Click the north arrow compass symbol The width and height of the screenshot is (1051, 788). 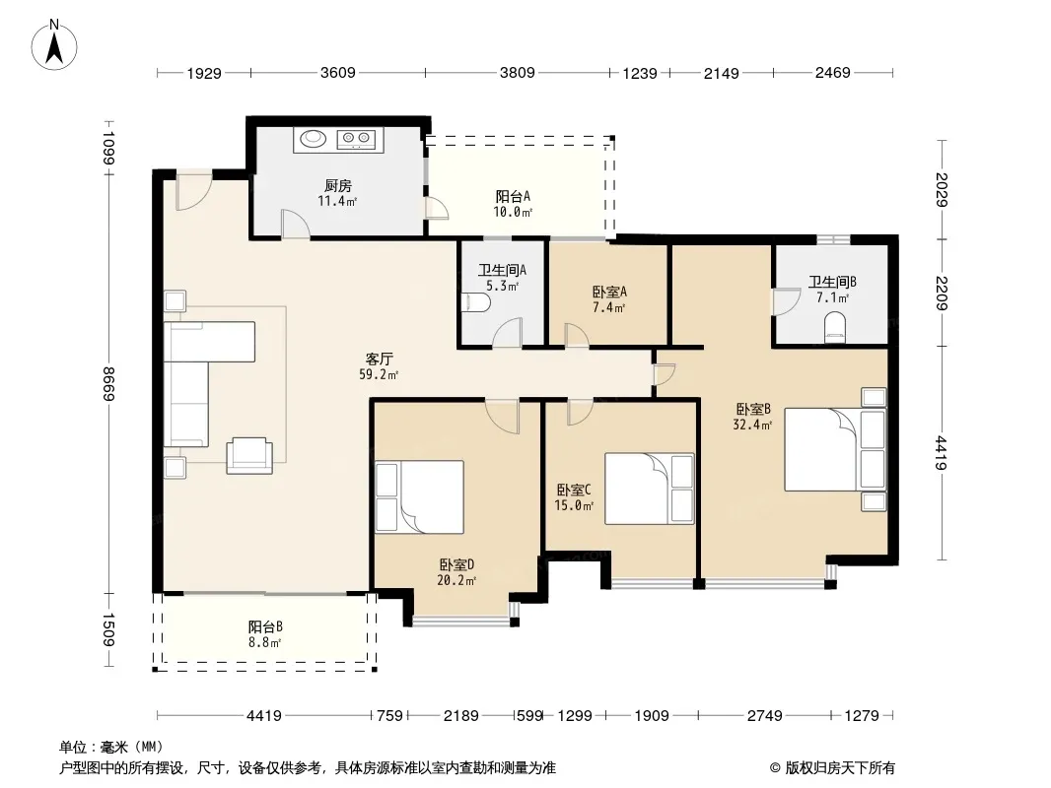pos(54,44)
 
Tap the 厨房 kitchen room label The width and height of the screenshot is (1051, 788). pos(338,185)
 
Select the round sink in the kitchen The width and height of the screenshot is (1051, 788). pos(313,139)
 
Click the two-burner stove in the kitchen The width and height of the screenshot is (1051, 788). pos(357,139)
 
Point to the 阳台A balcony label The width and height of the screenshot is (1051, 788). pos(513,196)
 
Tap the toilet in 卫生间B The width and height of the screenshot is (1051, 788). pos(834,329)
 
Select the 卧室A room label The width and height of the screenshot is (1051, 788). pos(609,292)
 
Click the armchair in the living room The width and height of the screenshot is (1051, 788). pos(249,455)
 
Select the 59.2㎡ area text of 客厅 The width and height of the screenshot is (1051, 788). pos(379,375)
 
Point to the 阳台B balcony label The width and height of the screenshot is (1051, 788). pos(265,626)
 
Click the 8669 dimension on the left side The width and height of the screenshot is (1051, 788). pos(109,383)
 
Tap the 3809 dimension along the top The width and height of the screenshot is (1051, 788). pos(518,72)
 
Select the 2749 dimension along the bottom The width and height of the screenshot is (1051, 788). pos(765,716)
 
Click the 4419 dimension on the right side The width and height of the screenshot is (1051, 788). pos(942,452)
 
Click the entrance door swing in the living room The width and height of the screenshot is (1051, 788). pos(193,192)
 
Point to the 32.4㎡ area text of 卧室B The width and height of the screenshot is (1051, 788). pos(752,425)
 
